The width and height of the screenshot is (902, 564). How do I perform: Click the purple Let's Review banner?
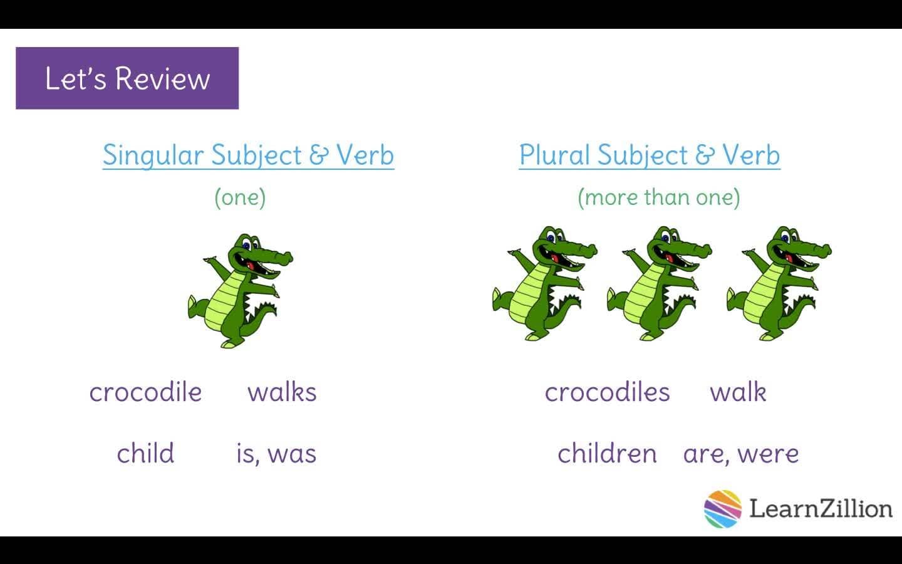(x=127, y=78)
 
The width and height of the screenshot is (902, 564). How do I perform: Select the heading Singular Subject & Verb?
(x=248, y=155)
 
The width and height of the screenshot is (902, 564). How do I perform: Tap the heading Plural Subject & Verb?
(x=650, y=155)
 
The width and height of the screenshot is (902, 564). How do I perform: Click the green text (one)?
(x=240, y=197)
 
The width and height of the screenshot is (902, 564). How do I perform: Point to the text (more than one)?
(x=658, y=197)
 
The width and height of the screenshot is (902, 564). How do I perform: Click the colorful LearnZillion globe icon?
(x=722, y=508)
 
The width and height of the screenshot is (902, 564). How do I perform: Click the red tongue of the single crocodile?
(x=252, y=265)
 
